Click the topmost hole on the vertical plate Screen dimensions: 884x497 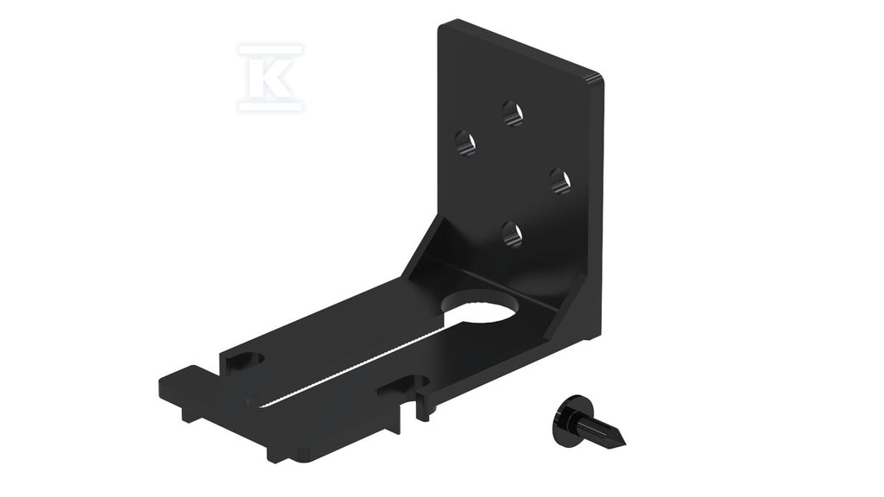[x=513, y=113]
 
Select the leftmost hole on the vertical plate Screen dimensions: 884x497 [x=465, y=142]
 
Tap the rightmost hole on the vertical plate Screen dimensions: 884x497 [x=559, y=181]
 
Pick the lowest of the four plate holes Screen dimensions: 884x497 [x=512, y=234]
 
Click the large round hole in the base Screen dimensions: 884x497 [x=483, y=308]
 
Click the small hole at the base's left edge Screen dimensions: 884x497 [x=246, y=362]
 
